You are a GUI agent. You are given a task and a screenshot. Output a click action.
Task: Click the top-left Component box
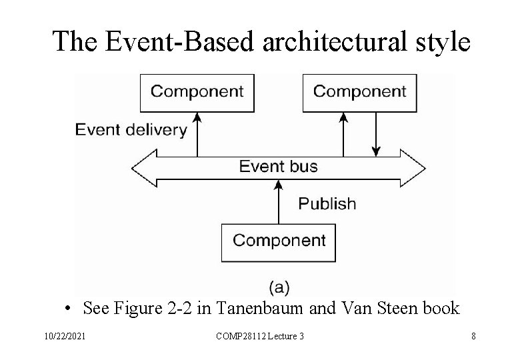[x=197, y=92]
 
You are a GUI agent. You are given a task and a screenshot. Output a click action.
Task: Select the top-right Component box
[x=359, y=92]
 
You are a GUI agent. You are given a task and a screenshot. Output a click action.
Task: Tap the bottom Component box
[x=279, y=241]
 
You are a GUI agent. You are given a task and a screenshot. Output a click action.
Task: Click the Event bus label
[x=279, y=166]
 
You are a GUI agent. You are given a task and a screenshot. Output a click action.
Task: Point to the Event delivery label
[x=131, y=129]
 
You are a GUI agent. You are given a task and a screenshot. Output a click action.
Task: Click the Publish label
[x=327, y=203]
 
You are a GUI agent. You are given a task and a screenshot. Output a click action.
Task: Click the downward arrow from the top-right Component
[x=377, y=133]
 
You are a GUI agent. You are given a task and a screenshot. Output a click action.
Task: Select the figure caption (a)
[x=279, y=287]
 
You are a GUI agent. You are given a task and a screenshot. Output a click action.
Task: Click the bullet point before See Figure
[x=69, y=309]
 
